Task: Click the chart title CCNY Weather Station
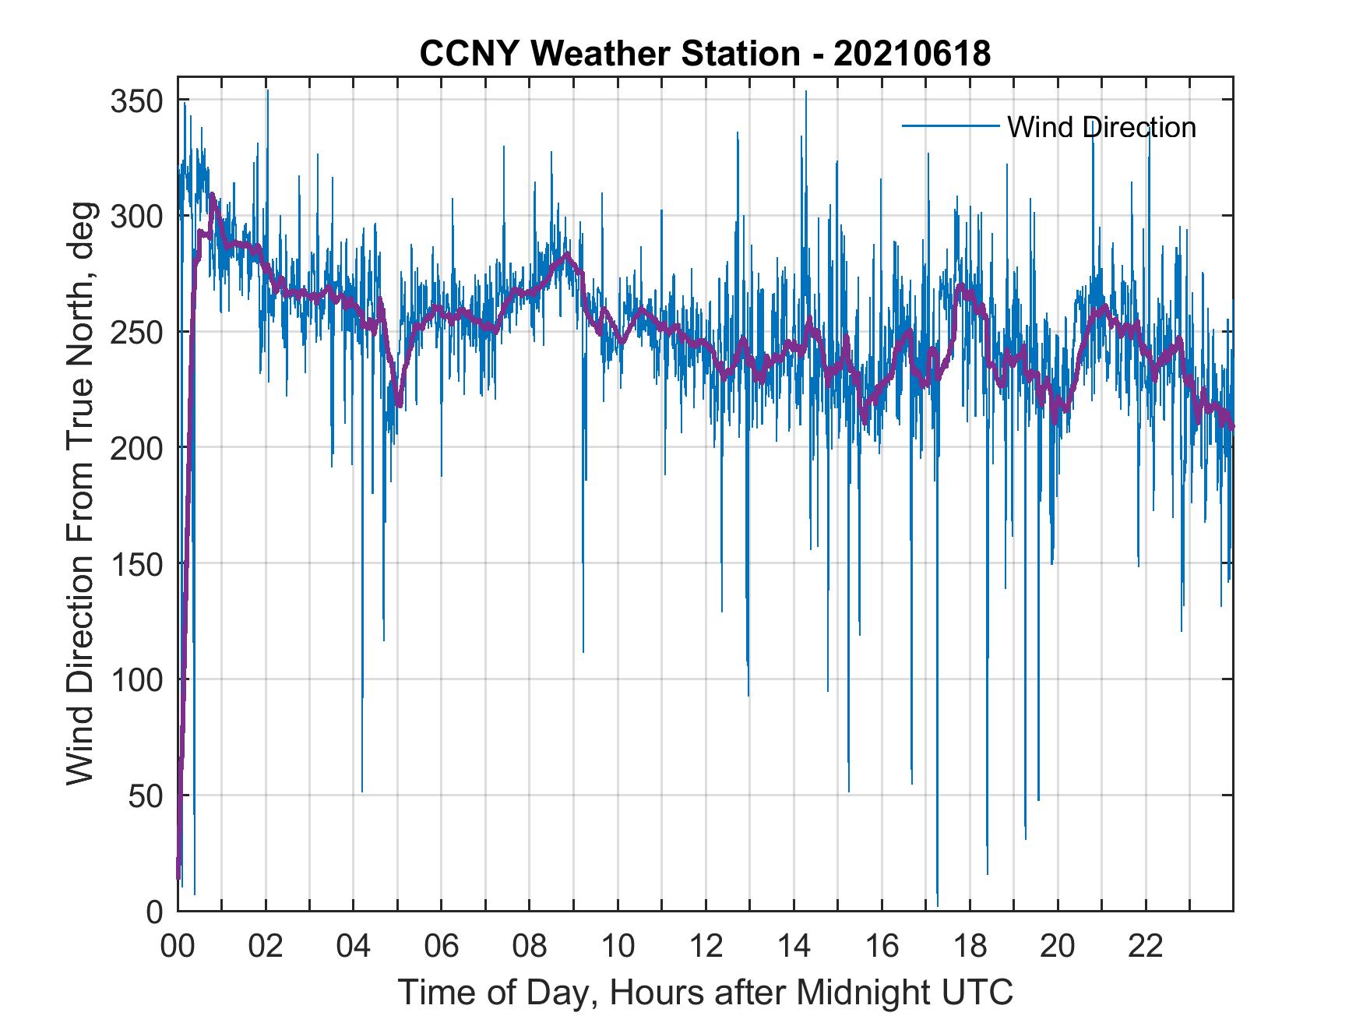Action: pos(705,54)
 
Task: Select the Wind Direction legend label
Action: pos(1101,127)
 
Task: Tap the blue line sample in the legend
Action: pos(950,126)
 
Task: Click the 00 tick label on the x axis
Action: pos(178,947)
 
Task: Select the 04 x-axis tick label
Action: pos(354,947)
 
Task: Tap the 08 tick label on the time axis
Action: pos(530,947)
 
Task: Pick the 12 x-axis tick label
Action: pos(706,947)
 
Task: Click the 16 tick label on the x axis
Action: pos(882,947)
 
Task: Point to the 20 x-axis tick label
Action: pos(1058,947)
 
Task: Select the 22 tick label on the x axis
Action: pos(1146,947)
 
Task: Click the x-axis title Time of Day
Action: pos(706,992)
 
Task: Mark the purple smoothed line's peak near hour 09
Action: pos(566,254)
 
